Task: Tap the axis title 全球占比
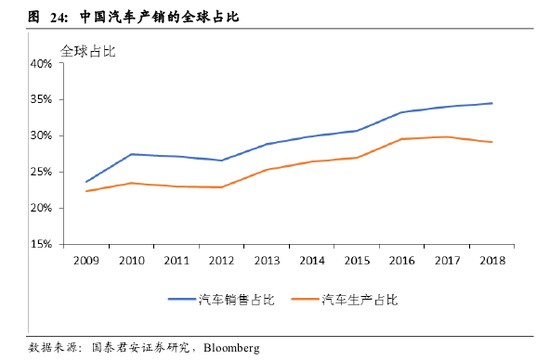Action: tap(88, 50)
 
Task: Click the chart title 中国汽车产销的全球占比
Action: tap(160, 18)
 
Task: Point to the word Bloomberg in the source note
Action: tap(231, 347)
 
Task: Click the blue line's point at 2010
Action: tap(131, 154)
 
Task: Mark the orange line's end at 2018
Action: tap(491, 142)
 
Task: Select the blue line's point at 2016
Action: tap(401, 112)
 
